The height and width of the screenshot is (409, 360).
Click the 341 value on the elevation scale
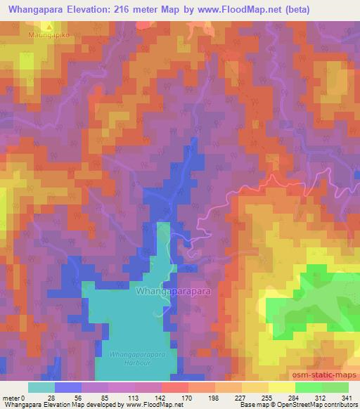[x=347, y=398]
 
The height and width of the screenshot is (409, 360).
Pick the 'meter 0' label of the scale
[x=15, y=398]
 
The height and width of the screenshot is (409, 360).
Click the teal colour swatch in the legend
[x=41, y=387]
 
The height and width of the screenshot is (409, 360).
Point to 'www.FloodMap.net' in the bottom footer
[x=152, y=405]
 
